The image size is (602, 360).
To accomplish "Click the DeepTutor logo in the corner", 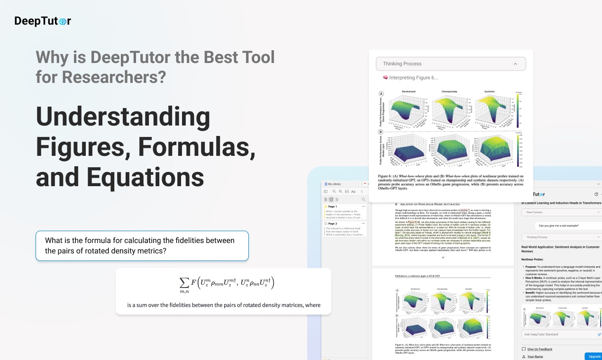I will (43, 21).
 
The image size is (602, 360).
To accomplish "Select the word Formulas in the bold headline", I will (197, 147).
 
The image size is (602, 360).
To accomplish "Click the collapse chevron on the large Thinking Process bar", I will (515, 64).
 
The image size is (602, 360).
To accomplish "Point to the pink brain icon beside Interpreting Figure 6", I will (385, 78).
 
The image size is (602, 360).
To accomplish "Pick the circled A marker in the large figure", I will (381, 94).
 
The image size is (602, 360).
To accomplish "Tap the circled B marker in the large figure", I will (381, 132).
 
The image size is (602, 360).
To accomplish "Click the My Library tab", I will (334, 184).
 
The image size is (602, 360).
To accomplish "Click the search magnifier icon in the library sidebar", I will (364, 199).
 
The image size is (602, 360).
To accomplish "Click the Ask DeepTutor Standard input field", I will (557, 334).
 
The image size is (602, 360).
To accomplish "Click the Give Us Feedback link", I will (539, 349).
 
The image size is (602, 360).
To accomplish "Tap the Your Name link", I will (535, 356).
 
